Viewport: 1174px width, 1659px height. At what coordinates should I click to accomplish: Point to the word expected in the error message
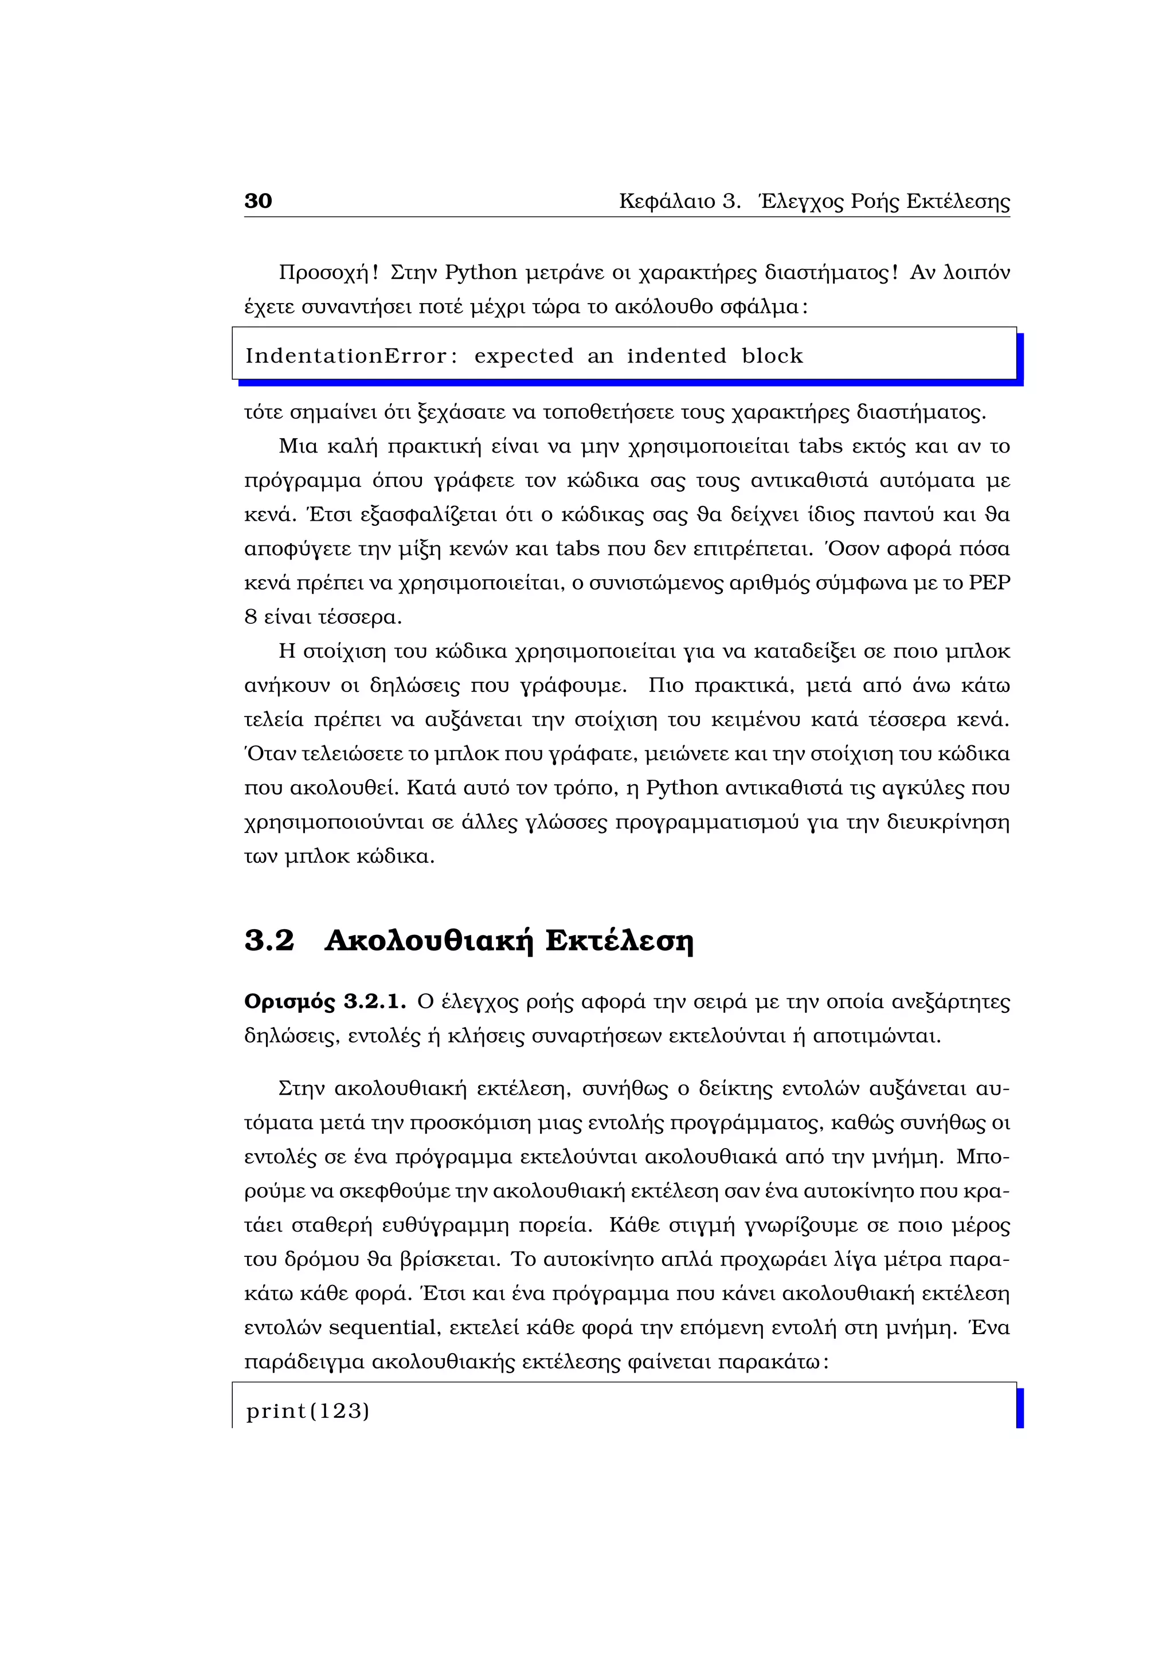(x=523, y=356)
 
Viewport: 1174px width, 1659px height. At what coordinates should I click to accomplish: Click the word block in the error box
(x=772, y=356)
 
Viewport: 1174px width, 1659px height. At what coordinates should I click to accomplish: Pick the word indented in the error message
(x=676, y=356)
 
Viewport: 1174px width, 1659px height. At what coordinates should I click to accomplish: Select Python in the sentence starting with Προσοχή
(x=481, y=273)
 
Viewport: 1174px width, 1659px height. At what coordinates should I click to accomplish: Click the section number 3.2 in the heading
(x=269, y=940)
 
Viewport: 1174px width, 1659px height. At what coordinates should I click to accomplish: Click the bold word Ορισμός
(x=289, y=1002)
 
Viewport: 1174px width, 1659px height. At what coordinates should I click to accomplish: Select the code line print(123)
(x=308, y=1410)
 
